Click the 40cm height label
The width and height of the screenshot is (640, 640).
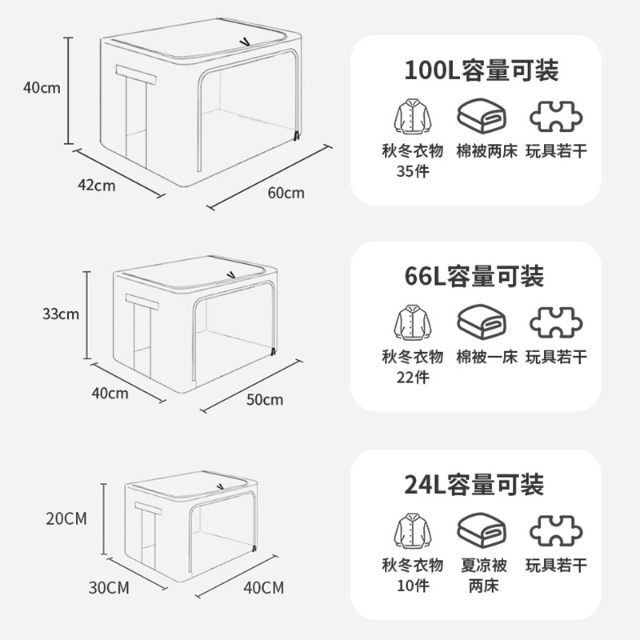coord(42,88)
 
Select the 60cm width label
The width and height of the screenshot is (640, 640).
coord(286,193)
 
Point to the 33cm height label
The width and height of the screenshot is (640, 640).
coord(61,314)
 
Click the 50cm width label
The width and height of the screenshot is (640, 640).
coord(264,399)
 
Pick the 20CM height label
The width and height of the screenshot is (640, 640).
coord(66,518)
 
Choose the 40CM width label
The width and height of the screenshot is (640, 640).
coord(263,588)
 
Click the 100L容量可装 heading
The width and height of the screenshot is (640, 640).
coord(481,70)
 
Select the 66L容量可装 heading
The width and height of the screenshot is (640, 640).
coord(474,277)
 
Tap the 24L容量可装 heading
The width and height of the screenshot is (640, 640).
coord(474,484)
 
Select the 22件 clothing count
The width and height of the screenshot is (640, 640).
coord(412,377)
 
